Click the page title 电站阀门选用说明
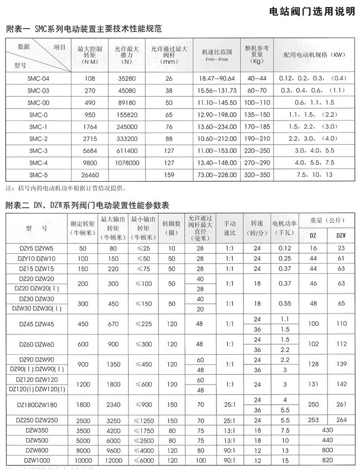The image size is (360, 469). coord(314,13)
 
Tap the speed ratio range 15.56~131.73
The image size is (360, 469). coord(217,90)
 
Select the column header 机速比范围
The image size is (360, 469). coord(217,53)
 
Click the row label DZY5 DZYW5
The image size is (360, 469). coord(36,248)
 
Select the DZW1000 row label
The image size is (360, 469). coord(36,459)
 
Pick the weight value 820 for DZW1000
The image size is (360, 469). coord(327,459)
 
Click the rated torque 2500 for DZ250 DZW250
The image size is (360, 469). coord(83,420)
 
